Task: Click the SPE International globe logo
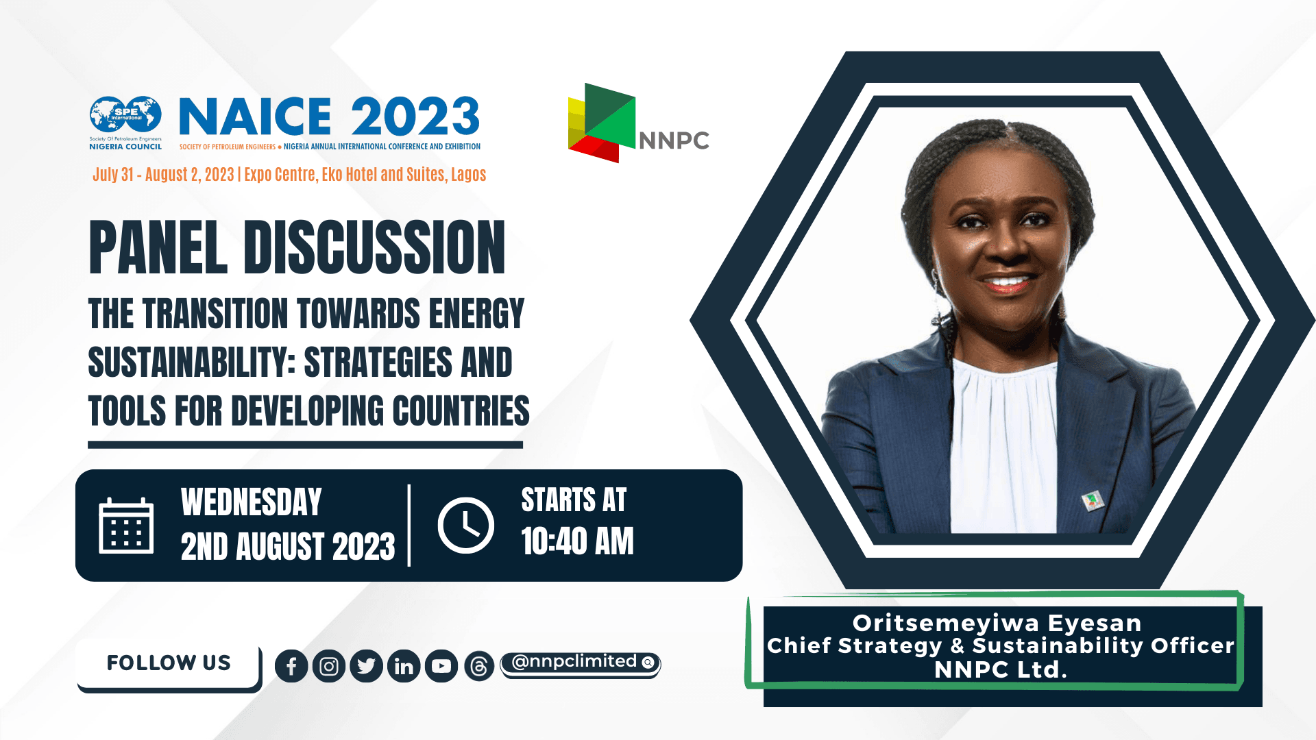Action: point(125,115)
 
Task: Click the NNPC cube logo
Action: point(601,123)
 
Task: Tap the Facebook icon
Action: point(291,666)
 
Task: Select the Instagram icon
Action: point(329,666)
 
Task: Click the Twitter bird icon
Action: point(366,666)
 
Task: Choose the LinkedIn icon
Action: point(404,666)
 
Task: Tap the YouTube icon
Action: point(441,666)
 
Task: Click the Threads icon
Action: point(479,666)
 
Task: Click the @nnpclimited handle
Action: point(574,661)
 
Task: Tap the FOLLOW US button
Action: point(169,663)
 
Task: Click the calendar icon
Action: point(126,526)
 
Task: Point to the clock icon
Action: point(466,526)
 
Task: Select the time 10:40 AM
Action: point(577,541)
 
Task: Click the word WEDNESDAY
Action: point(251,502)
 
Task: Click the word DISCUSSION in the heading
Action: point(374,248)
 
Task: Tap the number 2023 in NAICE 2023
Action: point(415,116)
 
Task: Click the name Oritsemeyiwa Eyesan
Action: point(997,623)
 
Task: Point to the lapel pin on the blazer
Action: point(1093,501)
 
